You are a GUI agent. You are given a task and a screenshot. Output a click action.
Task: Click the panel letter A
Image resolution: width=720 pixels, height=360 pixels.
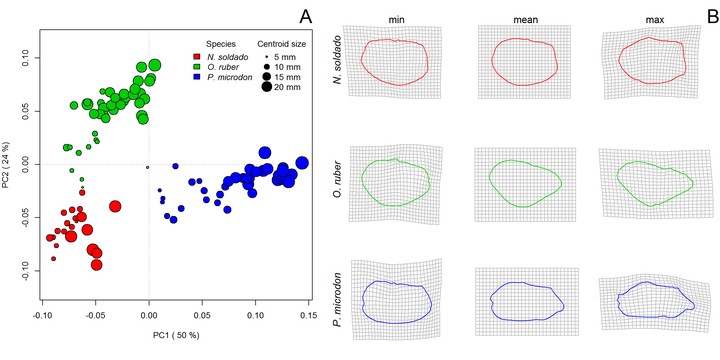(x=305, y=17)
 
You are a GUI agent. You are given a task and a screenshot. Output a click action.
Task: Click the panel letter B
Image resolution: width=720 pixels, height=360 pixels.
(x=713, y=17)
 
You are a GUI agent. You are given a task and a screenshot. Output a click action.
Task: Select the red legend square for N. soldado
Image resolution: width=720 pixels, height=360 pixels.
(x=197, y=56)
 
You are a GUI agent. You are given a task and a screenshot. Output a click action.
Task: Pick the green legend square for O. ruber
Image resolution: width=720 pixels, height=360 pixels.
(x=197, y=67)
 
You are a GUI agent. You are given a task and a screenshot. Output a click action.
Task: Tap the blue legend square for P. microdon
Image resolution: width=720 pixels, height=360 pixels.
(x=197, y=77)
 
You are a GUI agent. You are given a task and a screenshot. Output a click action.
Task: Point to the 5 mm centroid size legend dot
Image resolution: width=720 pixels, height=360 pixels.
(x=267, y=57)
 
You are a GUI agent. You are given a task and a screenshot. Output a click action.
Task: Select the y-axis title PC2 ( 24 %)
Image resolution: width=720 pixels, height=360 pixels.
(x=6, y=165)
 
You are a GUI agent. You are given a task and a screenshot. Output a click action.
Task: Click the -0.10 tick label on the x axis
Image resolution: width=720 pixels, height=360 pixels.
(x=42, y=317)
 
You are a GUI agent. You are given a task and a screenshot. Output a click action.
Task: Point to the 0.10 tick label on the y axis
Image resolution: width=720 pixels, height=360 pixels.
(x=28, y=58)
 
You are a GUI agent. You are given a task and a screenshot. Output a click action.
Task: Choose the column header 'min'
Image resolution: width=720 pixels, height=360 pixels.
(x=394, y=20)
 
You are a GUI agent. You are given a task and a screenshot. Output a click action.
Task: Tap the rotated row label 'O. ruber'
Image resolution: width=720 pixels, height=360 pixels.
(x=338, y=184)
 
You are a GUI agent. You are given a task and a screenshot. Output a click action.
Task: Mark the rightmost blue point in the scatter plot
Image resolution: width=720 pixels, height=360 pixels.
(x=302, y=163)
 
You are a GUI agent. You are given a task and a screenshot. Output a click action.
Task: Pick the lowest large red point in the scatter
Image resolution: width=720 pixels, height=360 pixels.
(x=96, y=264)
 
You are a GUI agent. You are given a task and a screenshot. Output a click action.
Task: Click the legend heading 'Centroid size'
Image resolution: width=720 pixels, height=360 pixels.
(x=281, y=45)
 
